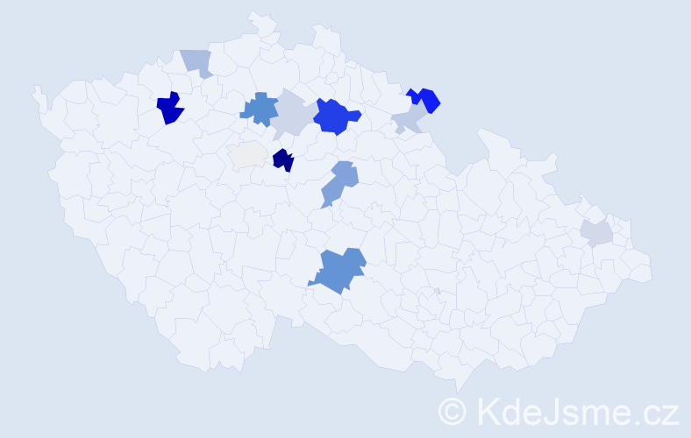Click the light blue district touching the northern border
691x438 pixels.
pyautogui.click(x=197, y=62)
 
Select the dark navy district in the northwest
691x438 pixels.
pyautogui.click(x=169, y=109)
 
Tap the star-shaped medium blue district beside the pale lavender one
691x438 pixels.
pyautogui.click(x=257, y=109)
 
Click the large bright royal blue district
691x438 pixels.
pyautogui.click(x=335, y=116)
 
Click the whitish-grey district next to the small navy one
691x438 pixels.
pyautogui.click(x=247, y=154)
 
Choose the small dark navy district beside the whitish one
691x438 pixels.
pyautogui.click(x=282, y=160)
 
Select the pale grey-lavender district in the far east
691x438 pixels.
pyautogui.click(x=596, y=232)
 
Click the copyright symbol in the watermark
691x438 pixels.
pyautogui.click(x=453, y=410)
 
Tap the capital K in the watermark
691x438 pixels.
pyautogui.click(x=487, y=410)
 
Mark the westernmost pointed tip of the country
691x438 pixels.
pyautogui.click(x=34, y=88)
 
